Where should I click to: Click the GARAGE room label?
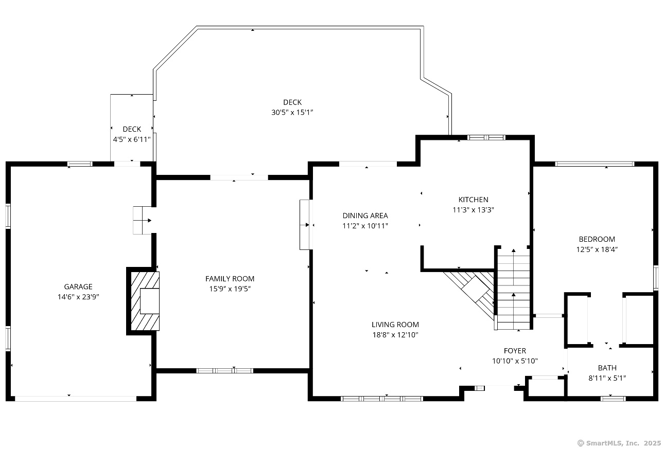[x=78, y=286]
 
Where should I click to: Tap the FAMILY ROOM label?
[x=230, y=279]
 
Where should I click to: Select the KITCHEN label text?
[x=473, y=200]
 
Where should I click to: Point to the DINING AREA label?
[x=365, y=215]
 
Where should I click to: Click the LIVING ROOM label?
[x=395, y=325]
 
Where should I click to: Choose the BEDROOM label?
[x=597, y=239]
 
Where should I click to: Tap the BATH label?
[x=607, y=368]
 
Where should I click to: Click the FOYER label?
[x=515, y=351]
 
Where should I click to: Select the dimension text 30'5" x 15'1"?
[x=292, y=113]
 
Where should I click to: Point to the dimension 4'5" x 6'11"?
[x=132, y=139]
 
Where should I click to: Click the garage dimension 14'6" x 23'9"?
[x=78, y=297]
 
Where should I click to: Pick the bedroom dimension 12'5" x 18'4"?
[x=597, y=249]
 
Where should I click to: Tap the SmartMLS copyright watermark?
[x=619, y=443]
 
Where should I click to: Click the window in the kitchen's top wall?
[x=486, y=137]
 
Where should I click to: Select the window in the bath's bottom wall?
[x=613, y=399]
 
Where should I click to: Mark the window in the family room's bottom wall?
[x=224, y=370]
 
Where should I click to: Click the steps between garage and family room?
[x=142, y=220]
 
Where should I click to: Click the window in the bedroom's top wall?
[x=595, y=164]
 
